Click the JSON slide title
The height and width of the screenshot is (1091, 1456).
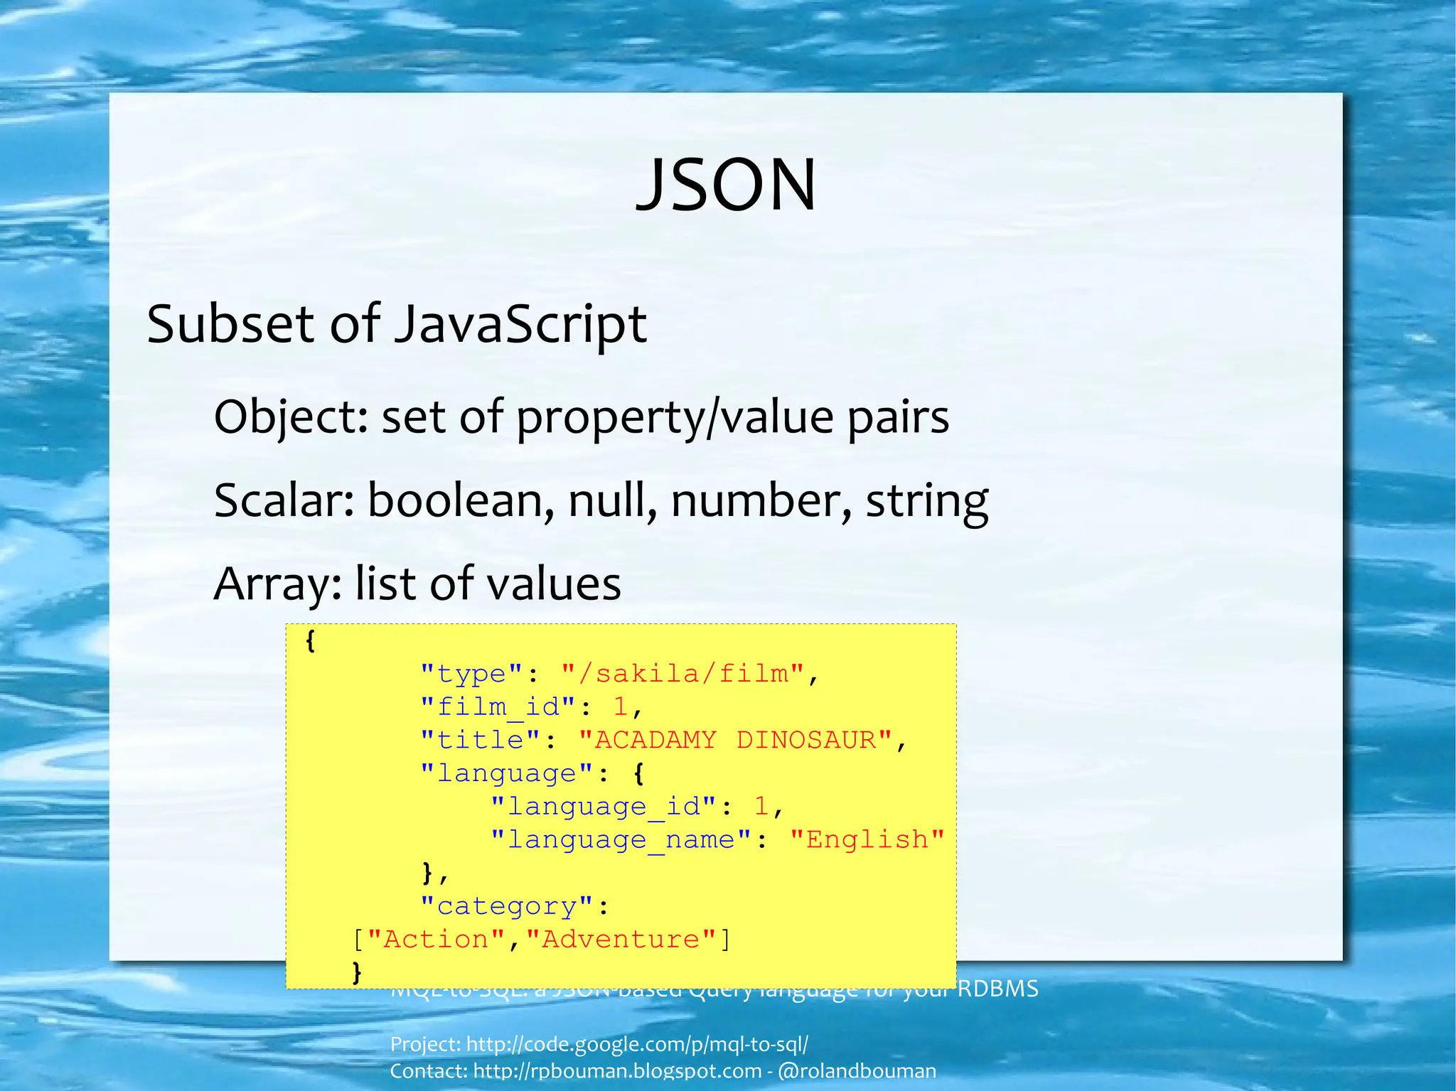pyautogui.click(x=726, y=185)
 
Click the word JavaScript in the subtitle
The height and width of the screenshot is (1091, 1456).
pyautogui.click(x=520, y=325)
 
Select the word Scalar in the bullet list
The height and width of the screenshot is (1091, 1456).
pyautogui.click(x=284, y=500)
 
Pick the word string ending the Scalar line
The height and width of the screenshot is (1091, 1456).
pyautogui.click(x=926, y=502)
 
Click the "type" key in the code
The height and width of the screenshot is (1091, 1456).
pyautogui.click(x=471, y=673)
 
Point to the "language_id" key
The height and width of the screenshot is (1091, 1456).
pyautogui.click(x=604, y=806)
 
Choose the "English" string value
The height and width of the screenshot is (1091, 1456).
pyautogui.click(x=867, y=839)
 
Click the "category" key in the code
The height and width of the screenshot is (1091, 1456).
pyautogui.click(x=506, y=906)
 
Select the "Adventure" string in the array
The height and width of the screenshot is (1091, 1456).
pyautogui.click(x=621, y=940)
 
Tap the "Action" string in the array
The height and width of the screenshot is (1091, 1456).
pyautogui.click(x=436, y=940)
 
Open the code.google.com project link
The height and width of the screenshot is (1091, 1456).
pyautogui.click(x=637, y=1044)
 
